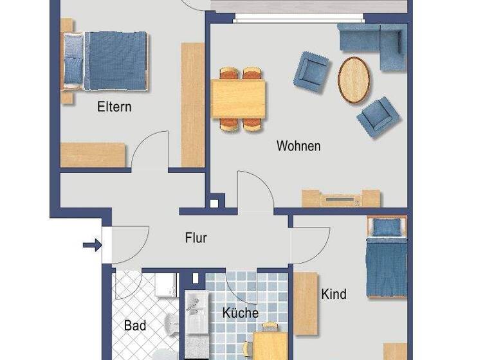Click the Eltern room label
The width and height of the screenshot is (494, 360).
[x=114, y=107]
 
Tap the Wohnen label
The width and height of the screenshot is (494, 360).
[x=298, y=146]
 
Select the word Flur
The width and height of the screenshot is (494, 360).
[x=196, y=238]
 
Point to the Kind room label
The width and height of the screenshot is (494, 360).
[x=333, y=294]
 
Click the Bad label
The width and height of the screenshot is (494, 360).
[x=134, y=326]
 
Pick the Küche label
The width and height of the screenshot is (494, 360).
[x=241, y=314]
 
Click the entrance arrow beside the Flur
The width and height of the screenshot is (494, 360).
[x=92, y=244]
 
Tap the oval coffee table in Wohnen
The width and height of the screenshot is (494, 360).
[x=354, y=80]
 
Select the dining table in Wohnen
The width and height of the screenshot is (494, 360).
[x=239, y=99]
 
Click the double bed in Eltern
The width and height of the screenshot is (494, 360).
[x=106, y=61]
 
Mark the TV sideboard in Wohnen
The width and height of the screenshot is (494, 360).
[x=342, y=199]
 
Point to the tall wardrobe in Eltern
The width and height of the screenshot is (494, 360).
[x=192, y=104]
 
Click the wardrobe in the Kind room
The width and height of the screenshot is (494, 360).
[x=306, y=303]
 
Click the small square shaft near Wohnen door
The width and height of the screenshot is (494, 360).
[x=214, y=204]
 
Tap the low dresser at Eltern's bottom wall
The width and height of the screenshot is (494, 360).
[x=92, y=155]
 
